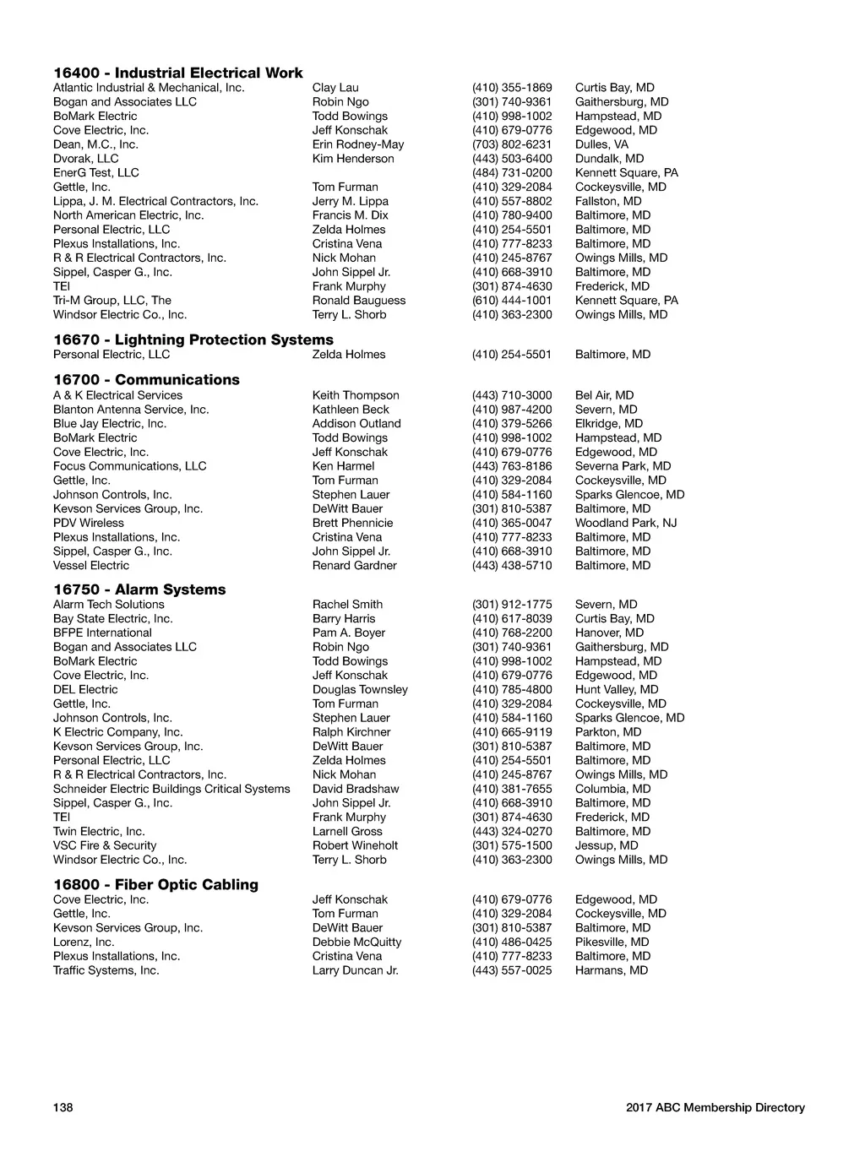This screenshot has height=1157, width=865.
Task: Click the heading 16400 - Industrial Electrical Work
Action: (x=177, y=73)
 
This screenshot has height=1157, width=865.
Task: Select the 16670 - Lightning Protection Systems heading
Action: (x=193, y=339)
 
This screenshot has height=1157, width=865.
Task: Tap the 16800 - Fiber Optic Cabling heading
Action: (x=155, y=884)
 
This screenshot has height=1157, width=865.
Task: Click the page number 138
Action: (x=63, y=1107)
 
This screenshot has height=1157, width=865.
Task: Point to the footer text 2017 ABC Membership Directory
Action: (x=715, y=1107)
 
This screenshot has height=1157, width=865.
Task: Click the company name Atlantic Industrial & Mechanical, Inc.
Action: (x=149, y=88)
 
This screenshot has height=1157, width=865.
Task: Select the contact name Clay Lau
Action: (x=335, y=88)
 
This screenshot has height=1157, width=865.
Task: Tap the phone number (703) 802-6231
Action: (x=512, y=144)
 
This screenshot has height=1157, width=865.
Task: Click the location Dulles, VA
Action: (x=601, y=144)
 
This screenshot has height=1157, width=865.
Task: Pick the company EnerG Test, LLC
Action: (x=96, y=173)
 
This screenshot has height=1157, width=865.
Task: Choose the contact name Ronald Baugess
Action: (x=359, y=301)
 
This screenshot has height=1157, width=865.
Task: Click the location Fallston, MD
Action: (x=608, y=201)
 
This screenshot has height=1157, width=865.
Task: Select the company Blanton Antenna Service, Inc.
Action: (x=131, y=410)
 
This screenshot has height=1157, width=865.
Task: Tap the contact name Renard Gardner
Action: (x=354, y=566)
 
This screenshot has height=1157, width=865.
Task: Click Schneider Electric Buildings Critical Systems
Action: (x=171, y=789)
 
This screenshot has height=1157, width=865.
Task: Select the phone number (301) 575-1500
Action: (x=512, y=845)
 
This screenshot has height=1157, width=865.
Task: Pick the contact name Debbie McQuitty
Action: (x=356, y=942)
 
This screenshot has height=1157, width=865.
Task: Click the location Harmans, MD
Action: (x=612, y=970)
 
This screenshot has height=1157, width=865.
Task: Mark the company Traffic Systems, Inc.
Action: (x=106, y=970)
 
